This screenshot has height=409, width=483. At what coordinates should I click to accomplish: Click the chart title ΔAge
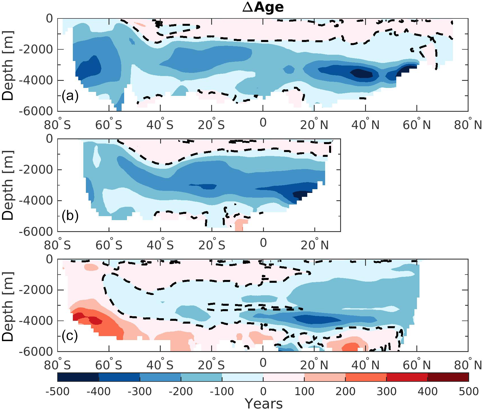pyautogui.click(x=263, y=7)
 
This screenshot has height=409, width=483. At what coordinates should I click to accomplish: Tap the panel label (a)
pyautogui.click(x=70, y=96)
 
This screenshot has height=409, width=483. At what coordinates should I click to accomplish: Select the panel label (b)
pyautogui.click(x=70, y=216)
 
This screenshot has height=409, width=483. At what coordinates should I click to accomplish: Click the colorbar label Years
pyautogui.click(x=263, y=403)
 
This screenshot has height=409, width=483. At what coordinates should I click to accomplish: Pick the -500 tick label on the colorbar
pyautogui.click(x=58, y=391)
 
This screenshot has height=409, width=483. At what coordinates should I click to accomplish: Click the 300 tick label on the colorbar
pyautogui.click(x=387, y=391)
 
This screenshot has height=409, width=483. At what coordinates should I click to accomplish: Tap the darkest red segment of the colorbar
pyautogui.click(x=448, y=377)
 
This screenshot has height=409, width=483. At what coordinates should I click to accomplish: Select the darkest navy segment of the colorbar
pyautogui.click(x=78, y=377)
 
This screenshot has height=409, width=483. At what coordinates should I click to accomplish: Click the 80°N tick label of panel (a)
pyautogui.click(x=468, y=124)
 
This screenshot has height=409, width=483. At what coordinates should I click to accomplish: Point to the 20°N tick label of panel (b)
pyautogui.click(x=314, y=244)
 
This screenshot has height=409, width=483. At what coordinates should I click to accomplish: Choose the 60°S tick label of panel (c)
pyautogui.click(x=109, y=365)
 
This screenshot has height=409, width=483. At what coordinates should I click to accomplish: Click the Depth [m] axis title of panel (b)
pyautogui.click(x=8, y=185)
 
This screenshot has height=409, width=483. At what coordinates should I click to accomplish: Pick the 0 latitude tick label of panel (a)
pyautogui.click(x=263, y=123)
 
